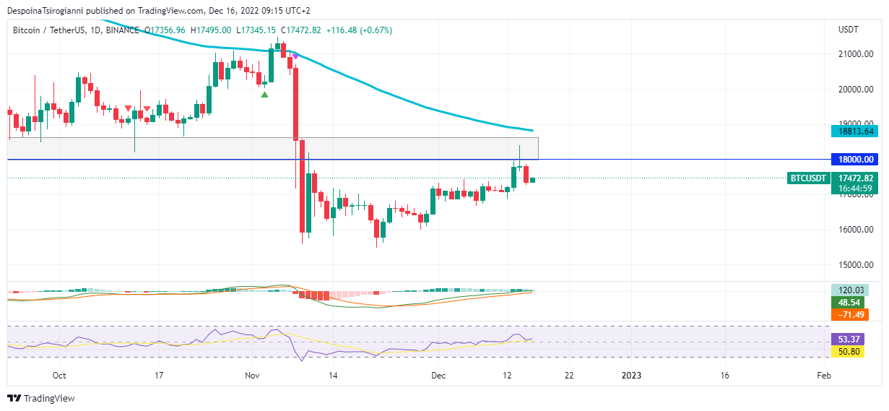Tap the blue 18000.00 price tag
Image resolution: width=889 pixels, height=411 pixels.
(x=853, y=160)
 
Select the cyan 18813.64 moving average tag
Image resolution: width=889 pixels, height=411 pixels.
(x=853, y=131)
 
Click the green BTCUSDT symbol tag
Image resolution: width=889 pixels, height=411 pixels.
(x=808, y=178)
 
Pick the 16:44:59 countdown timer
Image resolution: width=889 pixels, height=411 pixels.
(x=853, y=189)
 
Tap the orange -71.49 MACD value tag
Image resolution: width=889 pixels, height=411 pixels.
(x=849, y=315)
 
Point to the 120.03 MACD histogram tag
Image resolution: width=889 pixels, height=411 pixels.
(x=849, y=290)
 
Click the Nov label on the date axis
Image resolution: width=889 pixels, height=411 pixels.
(x=252, y=376)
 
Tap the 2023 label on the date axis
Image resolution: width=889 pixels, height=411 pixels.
(x=631, y=376)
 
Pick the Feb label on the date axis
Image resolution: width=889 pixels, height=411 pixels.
(x=823, y=376)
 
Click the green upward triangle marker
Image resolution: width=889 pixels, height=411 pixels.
(x=265, y=95)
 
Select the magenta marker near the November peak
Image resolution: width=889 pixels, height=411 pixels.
(x=295, y=56)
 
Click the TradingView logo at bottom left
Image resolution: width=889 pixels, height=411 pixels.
(x=41, y=398)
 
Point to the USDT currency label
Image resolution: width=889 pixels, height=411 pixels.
(x=848, y=30)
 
